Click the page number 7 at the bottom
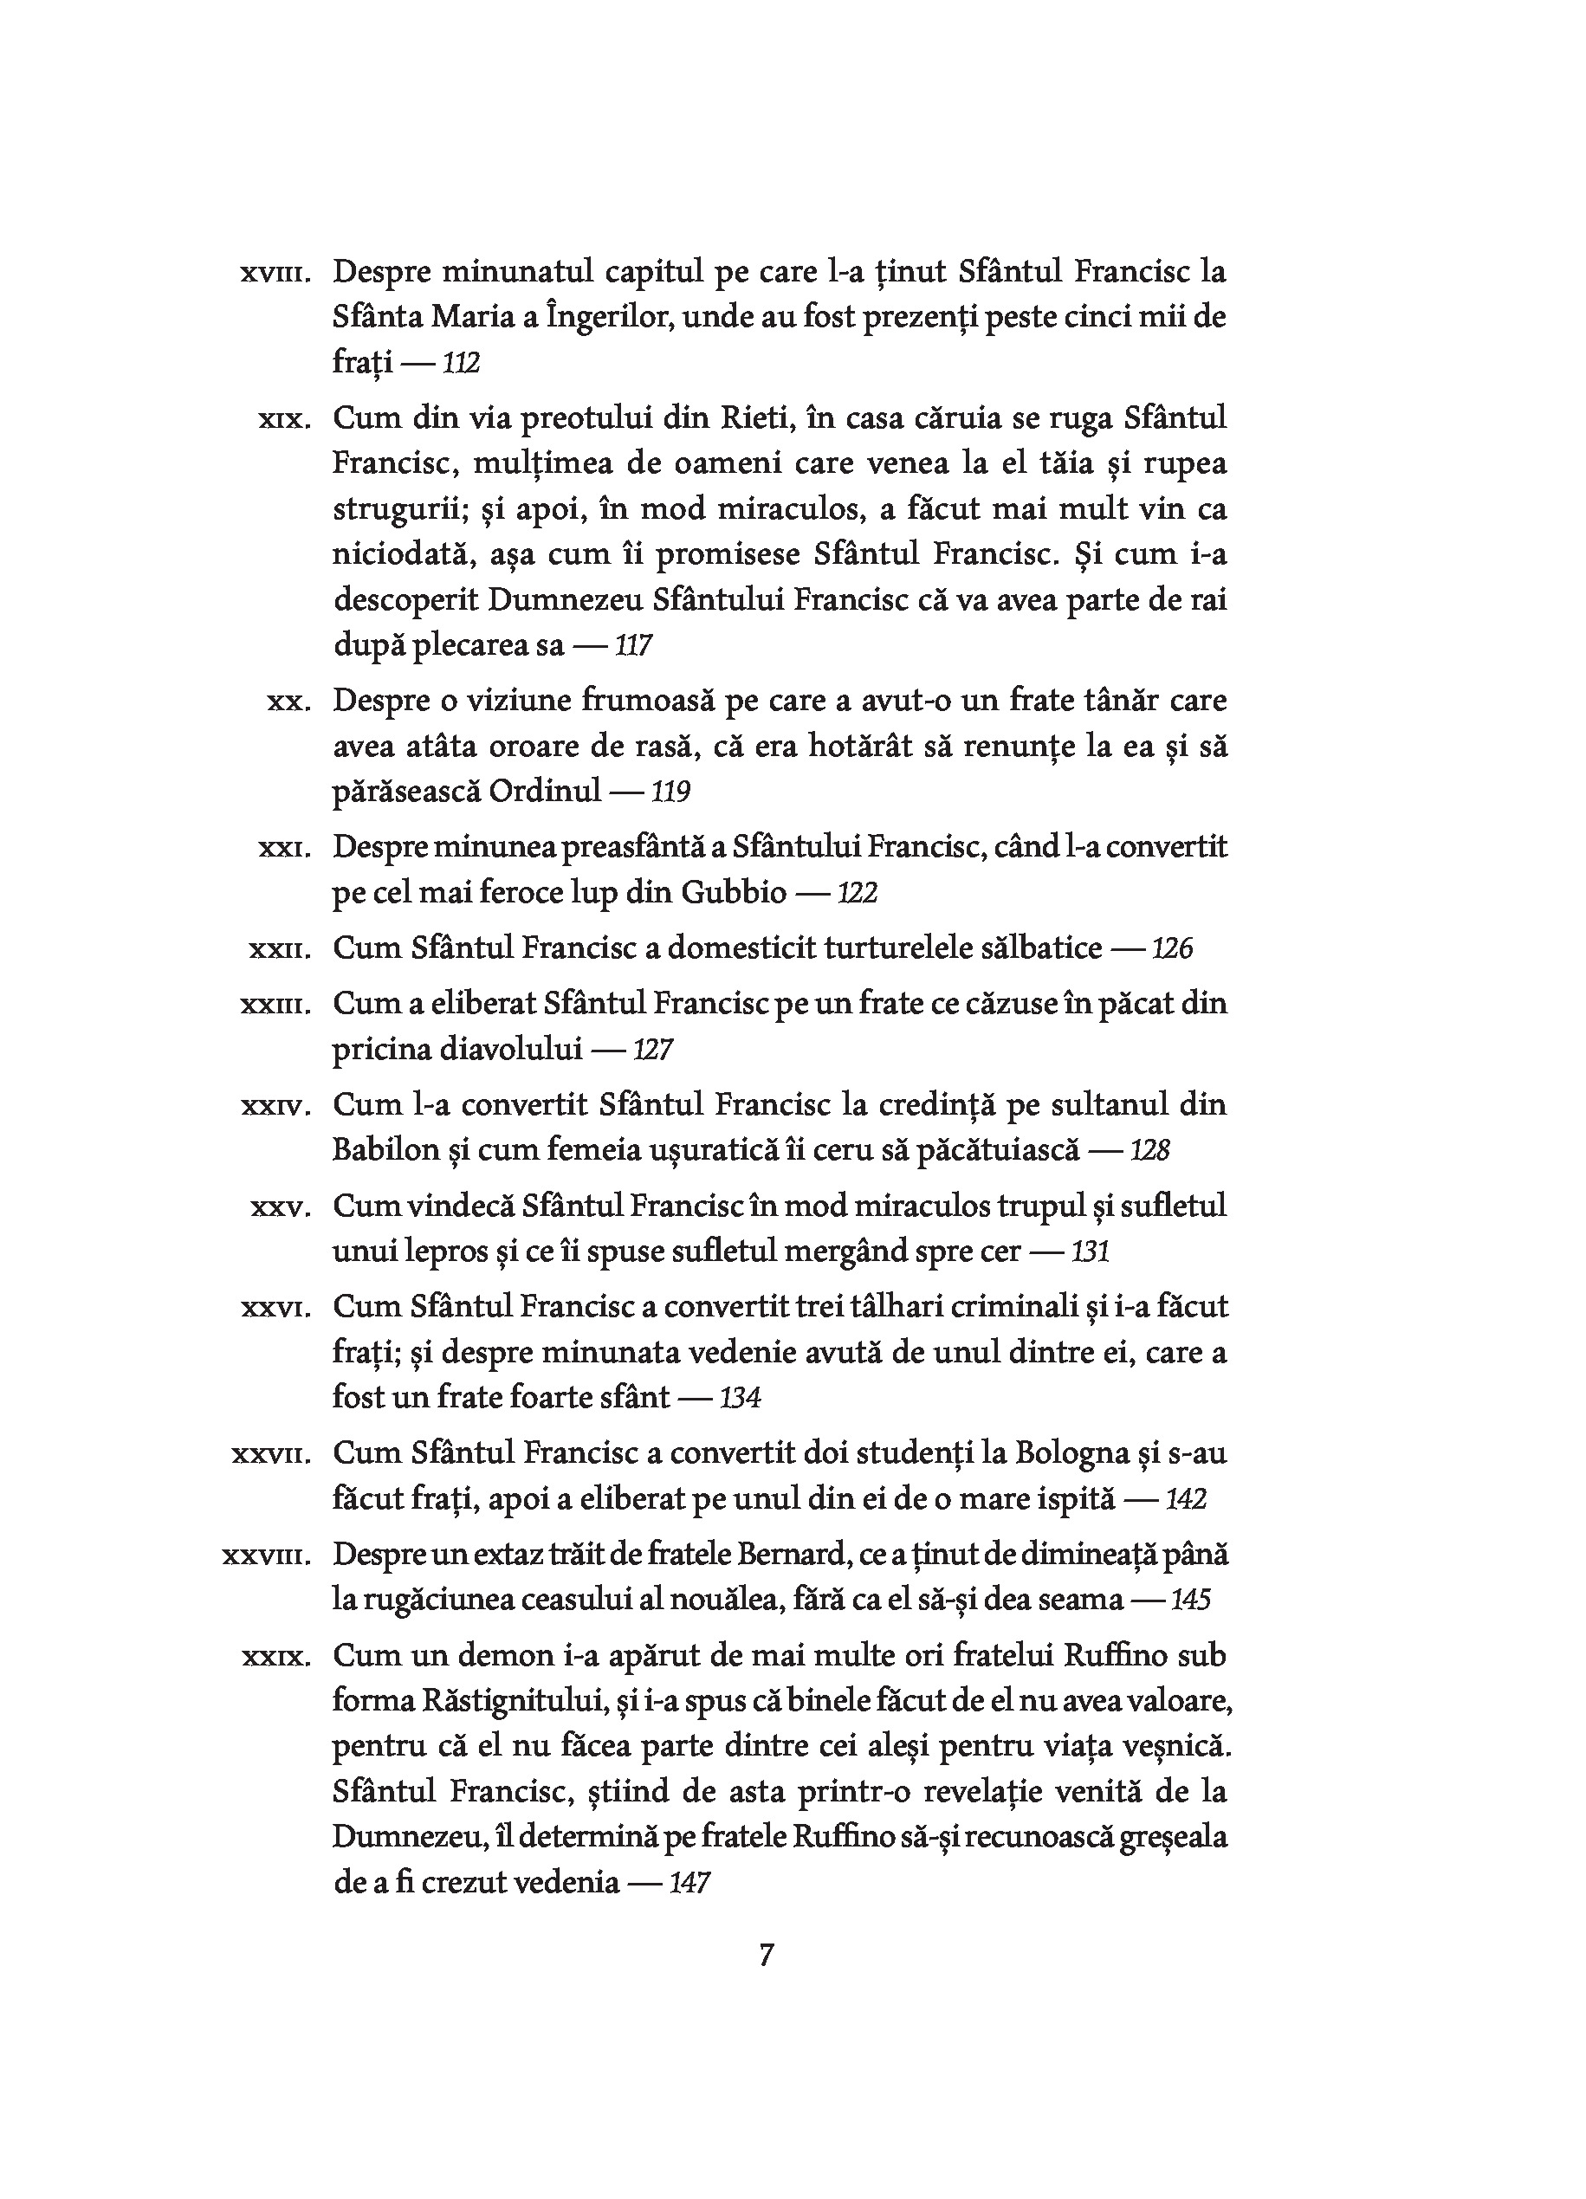766,1955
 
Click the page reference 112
462,364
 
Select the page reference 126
1172,948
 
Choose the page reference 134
740,1397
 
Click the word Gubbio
733,892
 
